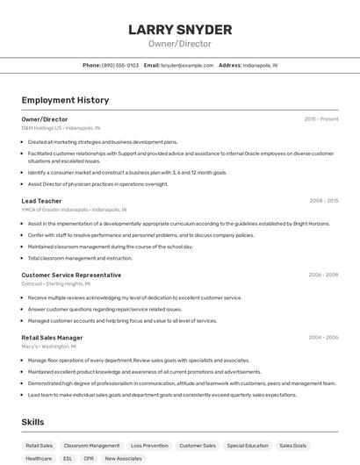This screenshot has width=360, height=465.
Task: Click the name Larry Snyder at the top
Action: pos(180,30)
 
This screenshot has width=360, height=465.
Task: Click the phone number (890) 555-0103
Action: pos(119,66)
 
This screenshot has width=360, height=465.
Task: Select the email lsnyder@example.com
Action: pos(187,66)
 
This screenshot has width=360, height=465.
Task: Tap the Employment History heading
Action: pos(65,101)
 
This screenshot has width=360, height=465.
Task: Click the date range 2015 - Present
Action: pos(320,119)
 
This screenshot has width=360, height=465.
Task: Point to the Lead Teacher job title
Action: pos(41,201)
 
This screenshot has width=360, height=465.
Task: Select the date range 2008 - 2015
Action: pos(323,201)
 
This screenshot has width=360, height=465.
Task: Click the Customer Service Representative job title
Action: pos(71,275)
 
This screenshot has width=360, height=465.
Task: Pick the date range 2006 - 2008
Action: pos(322,275)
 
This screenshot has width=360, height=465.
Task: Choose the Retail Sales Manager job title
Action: pos(52,338)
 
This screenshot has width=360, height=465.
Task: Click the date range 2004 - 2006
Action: pos(322,338)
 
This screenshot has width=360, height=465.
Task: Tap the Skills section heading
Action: pos(33,422)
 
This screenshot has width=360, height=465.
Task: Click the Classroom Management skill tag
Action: pos(92,446)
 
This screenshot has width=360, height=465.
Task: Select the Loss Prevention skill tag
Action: pos(149,446)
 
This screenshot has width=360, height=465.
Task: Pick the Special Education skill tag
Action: pos(248,446)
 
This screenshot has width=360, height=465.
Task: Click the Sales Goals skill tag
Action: pos(293,446)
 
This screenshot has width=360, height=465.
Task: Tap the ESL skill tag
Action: pos(68,458)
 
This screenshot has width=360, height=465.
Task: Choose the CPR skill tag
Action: pos(89,458)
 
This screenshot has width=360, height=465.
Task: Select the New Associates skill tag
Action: pos(123,458)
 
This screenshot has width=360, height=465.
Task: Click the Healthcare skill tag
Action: pos(39,458)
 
